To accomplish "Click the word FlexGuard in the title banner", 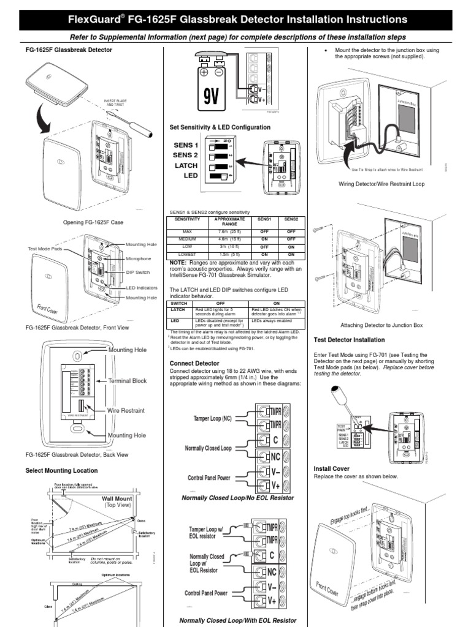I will [95, 20].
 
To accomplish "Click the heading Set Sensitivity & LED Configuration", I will [220, 127].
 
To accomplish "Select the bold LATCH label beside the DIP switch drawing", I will [186, 165].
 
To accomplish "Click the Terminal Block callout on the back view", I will [128, 380].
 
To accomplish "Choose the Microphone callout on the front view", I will [139, 258].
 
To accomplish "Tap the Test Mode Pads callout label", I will [45, 249].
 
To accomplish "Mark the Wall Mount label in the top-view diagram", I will [117, 499].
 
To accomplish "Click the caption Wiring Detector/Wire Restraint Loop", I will [380, 183].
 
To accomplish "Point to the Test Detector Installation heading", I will [349, 339].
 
